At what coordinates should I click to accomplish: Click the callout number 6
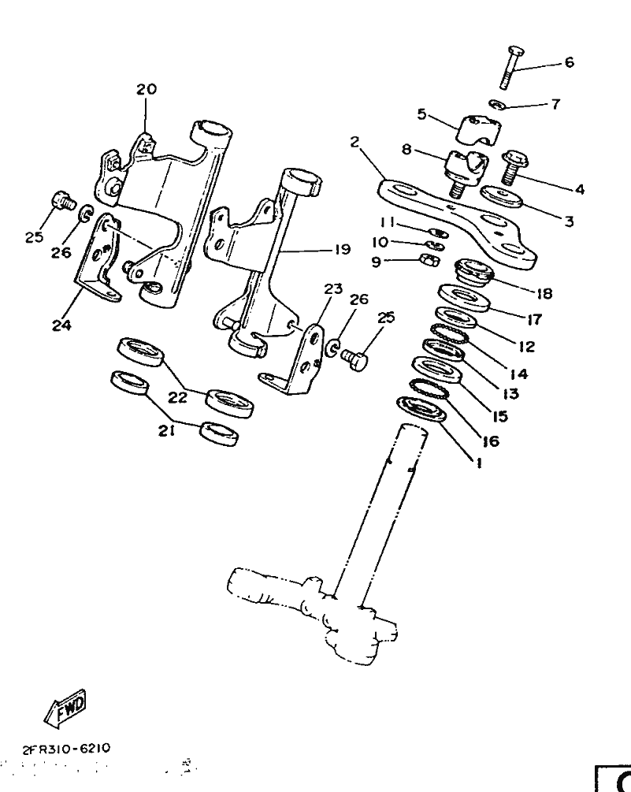coord(569,62)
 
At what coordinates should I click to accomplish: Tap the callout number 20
coord(147,90)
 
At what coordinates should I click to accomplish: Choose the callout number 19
coord(340,250)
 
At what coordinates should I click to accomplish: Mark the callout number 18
coord(544,293)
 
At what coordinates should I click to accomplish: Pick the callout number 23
coord(333,289)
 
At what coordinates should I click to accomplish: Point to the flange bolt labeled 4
coord(515,166)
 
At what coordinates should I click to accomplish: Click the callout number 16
coord(491,442)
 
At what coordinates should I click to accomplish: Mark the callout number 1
coord(476,464)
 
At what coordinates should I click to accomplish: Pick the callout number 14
coord(518,374)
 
